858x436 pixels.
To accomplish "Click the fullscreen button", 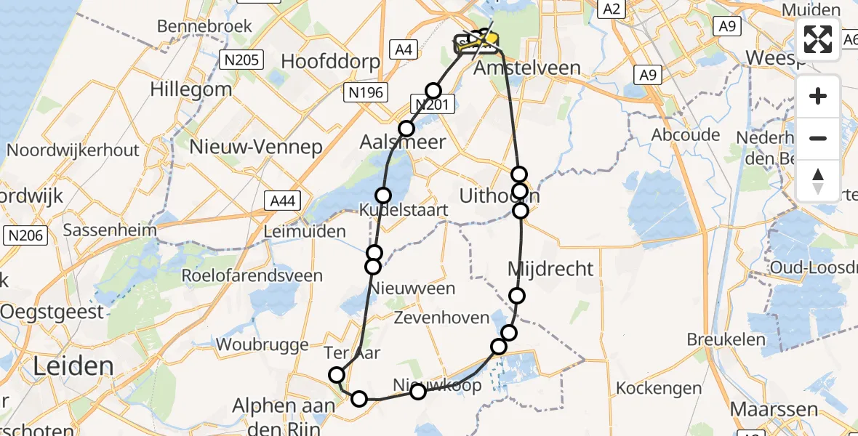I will click(x=818, y=39).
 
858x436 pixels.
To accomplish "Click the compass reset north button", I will click(x=818, y=181).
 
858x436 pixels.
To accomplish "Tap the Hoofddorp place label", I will click(x=330, y=61).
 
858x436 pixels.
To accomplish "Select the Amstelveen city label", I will click(x=526, y=68).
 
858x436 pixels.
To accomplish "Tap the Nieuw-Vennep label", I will click(x=255, y=147).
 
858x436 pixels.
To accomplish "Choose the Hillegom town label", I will click(x=191, y=89).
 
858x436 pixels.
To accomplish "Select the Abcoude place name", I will click(x=686, y=134).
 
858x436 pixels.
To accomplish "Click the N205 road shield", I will click(x=242, y=60).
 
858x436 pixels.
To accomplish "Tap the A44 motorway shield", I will click(x=282, y=201).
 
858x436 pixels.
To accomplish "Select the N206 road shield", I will click(x=27, y=235).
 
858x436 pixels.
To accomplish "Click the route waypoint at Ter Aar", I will click(x=337, y=375).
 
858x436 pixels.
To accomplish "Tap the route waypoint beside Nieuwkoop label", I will click(x=418, y=392).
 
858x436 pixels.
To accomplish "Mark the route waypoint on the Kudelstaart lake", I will click(x=382, y=195).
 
